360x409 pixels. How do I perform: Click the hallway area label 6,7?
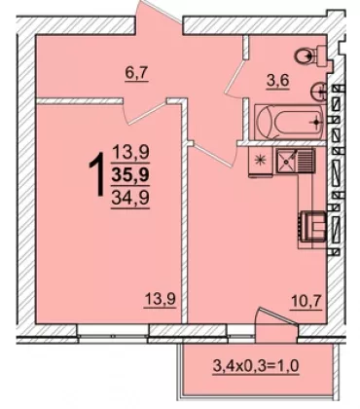coord(136,75)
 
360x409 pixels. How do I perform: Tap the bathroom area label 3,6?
coord(277,81)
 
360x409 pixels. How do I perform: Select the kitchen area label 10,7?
coord(306,303)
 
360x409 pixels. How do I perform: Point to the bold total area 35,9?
coord(130,176)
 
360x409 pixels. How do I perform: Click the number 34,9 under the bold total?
coord(130,198)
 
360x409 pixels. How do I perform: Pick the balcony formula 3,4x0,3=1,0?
coord(256,366)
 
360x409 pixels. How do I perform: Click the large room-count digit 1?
coord(96,174)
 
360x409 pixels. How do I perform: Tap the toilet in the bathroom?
coord(310,56)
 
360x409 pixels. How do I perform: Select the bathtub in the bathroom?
coord(290,123)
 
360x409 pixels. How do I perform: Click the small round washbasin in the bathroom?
coord(318,92)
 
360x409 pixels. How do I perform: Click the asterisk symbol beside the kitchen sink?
coord(260,160)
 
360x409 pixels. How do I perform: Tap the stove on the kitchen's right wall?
coord(312,227)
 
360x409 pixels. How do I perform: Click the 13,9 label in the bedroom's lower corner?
coord(161,299)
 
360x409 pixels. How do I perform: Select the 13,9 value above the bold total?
coord(130,153)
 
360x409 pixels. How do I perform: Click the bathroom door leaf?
coord(234,77)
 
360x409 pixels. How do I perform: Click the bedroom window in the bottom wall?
coord(113,330)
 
